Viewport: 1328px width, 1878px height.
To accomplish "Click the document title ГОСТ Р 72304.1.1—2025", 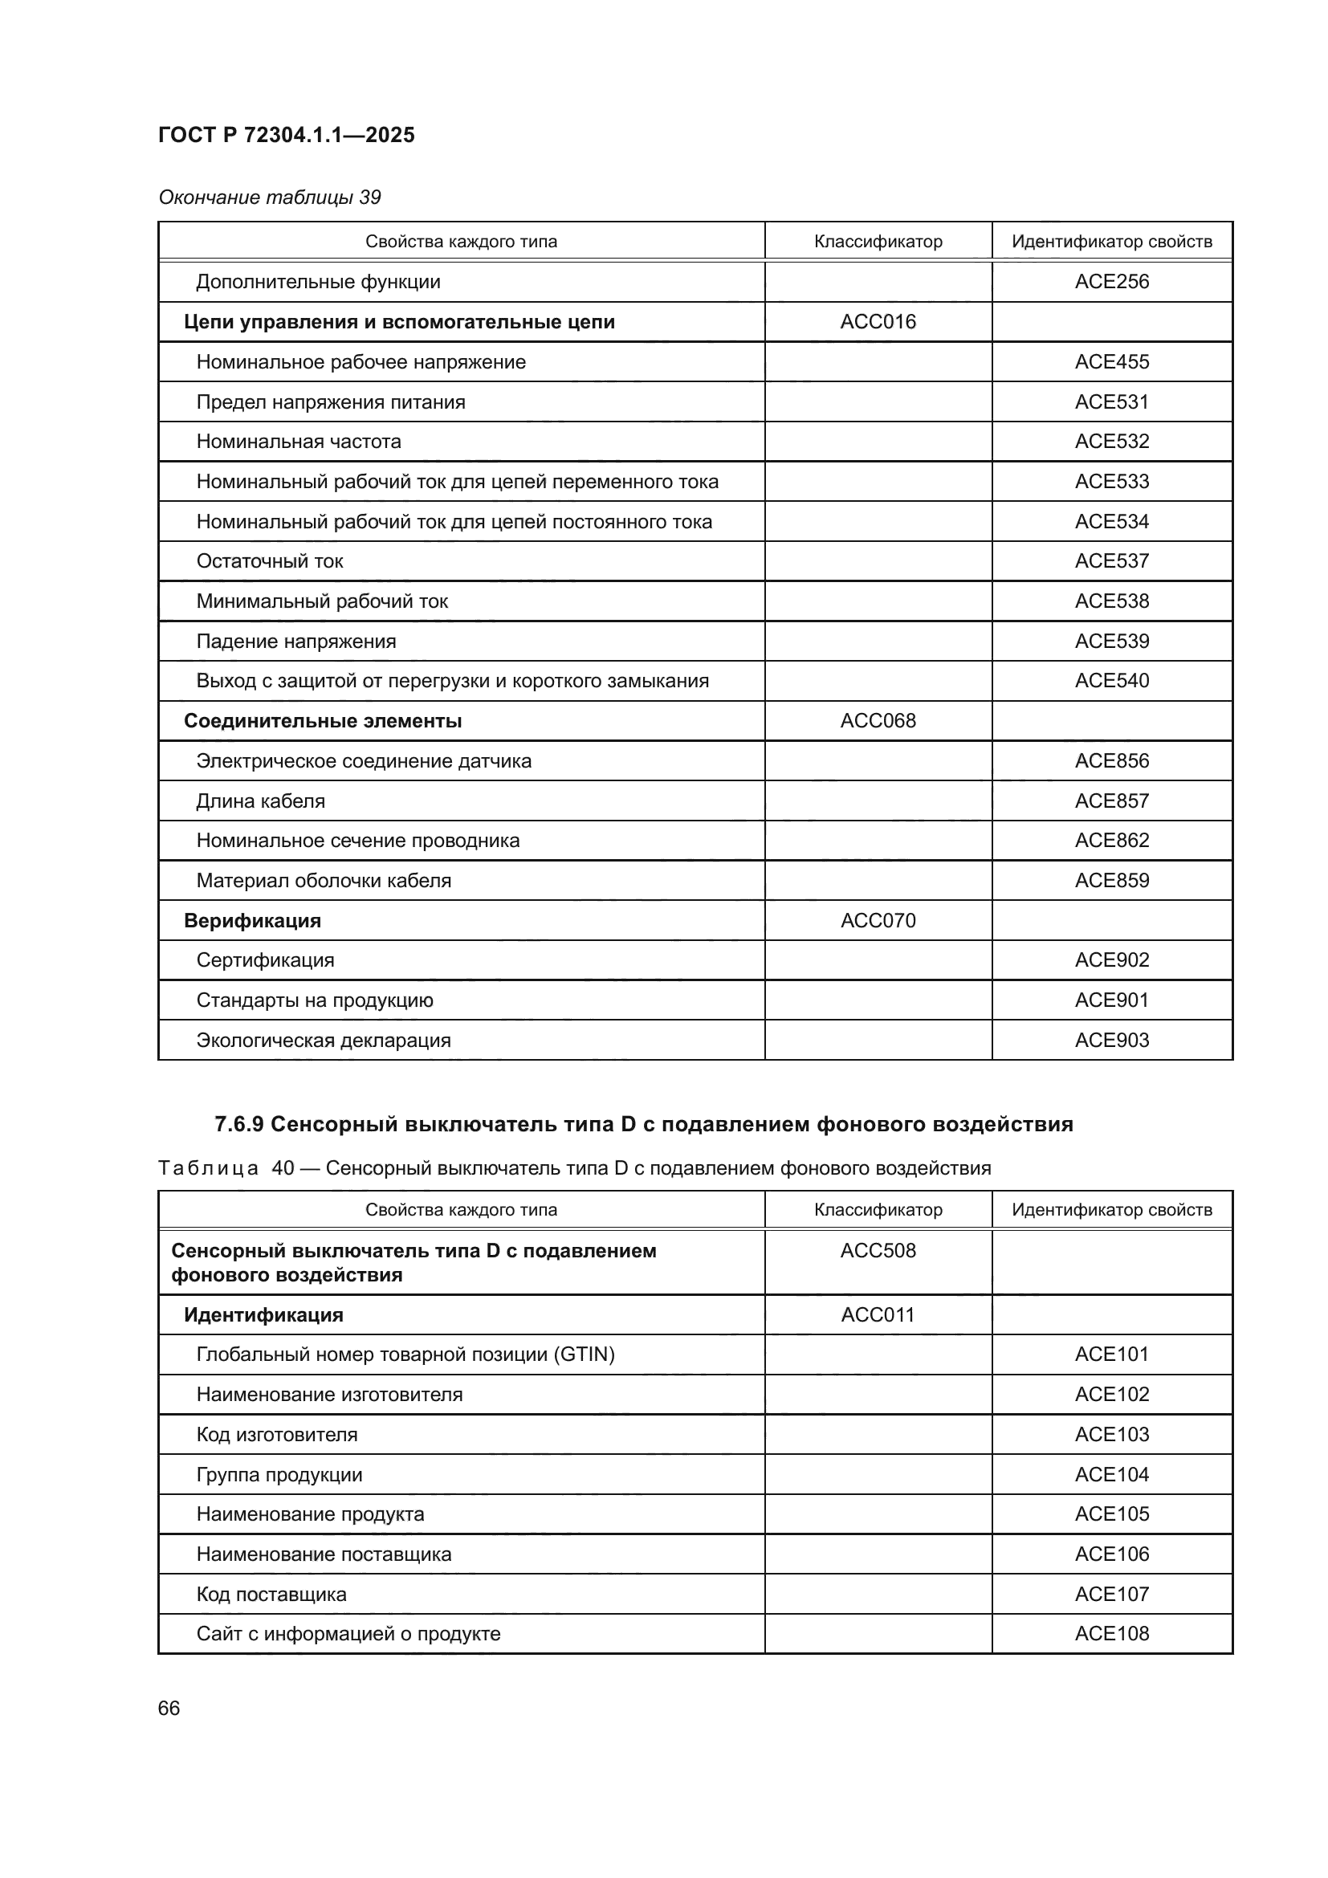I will [286, 135].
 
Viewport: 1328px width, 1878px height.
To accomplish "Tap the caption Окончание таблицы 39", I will [269, 198].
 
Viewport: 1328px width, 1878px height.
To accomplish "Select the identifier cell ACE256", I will [1111, 281].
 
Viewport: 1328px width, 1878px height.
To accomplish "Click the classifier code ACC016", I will [878, 321].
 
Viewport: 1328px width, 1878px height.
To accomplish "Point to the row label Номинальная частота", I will [299, 442].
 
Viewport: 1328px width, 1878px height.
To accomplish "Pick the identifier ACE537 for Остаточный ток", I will [1111, 561].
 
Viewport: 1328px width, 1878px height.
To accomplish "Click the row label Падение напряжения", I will [296, 642].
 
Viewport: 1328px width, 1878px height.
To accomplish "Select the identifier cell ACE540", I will [1111, 681].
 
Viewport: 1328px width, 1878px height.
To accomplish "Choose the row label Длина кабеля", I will [260, 800].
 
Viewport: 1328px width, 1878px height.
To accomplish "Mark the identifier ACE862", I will [1111, 840].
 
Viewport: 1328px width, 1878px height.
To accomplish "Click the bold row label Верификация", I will [252, 920].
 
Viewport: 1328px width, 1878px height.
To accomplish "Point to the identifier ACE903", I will [1111, 1041].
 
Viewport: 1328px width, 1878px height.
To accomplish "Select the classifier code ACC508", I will [878, 1251].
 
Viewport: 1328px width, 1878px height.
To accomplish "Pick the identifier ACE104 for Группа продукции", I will [1111, 1475].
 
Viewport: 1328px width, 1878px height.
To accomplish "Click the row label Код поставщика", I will [271, 1595].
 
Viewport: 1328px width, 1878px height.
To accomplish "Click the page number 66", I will [169, 1709].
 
